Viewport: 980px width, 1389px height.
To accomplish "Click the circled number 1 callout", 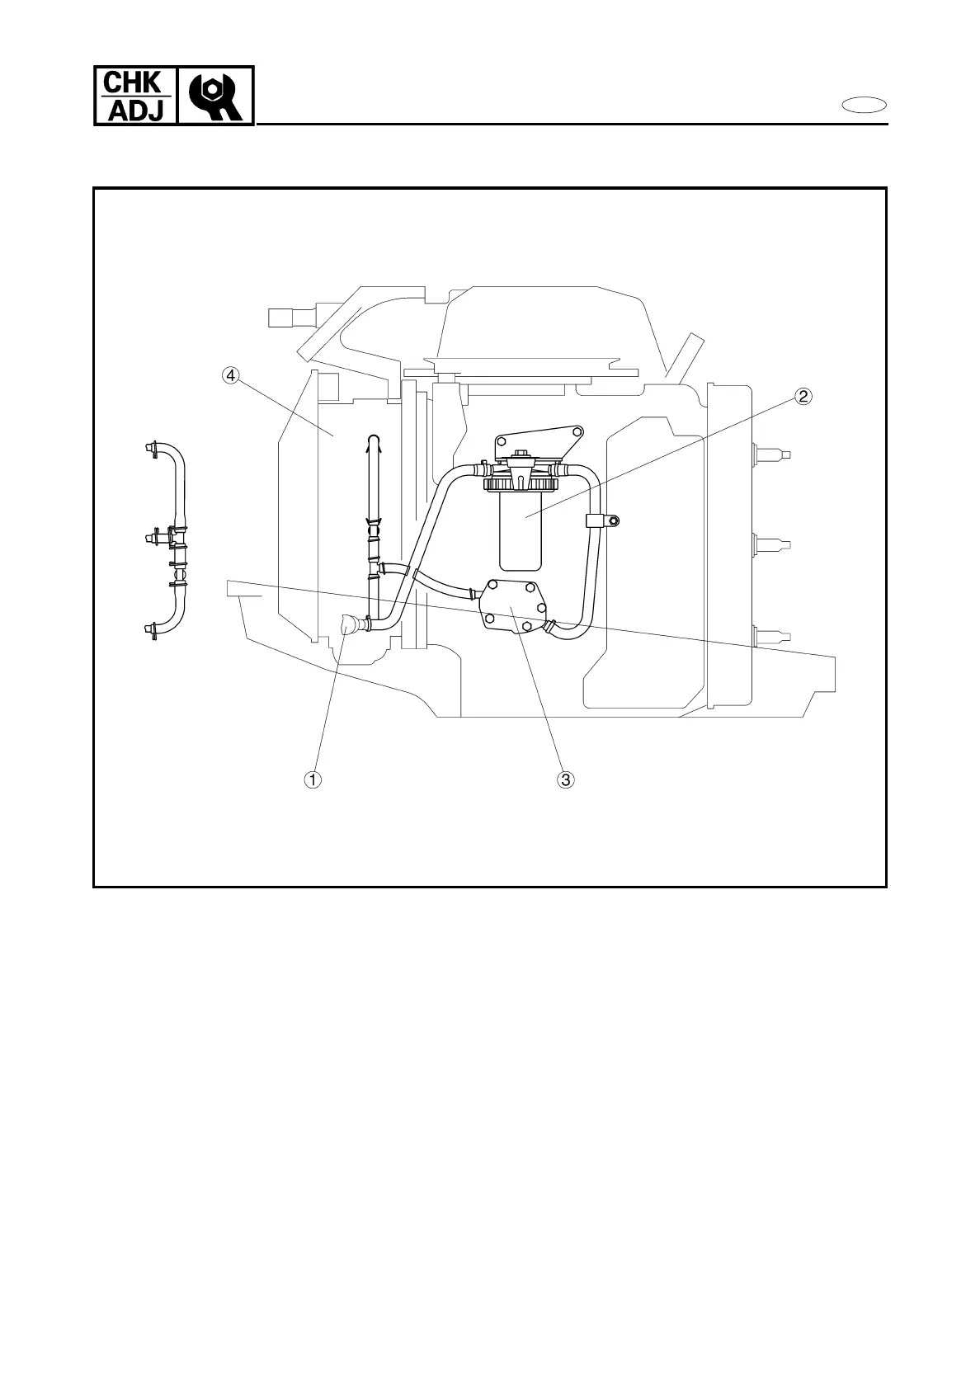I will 312,779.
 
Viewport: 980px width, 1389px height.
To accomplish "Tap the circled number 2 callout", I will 803,397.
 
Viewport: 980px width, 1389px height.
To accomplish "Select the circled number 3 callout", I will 565,779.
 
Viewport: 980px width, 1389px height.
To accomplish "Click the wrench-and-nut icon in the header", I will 216,97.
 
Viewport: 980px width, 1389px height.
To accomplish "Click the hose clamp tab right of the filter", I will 603,520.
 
